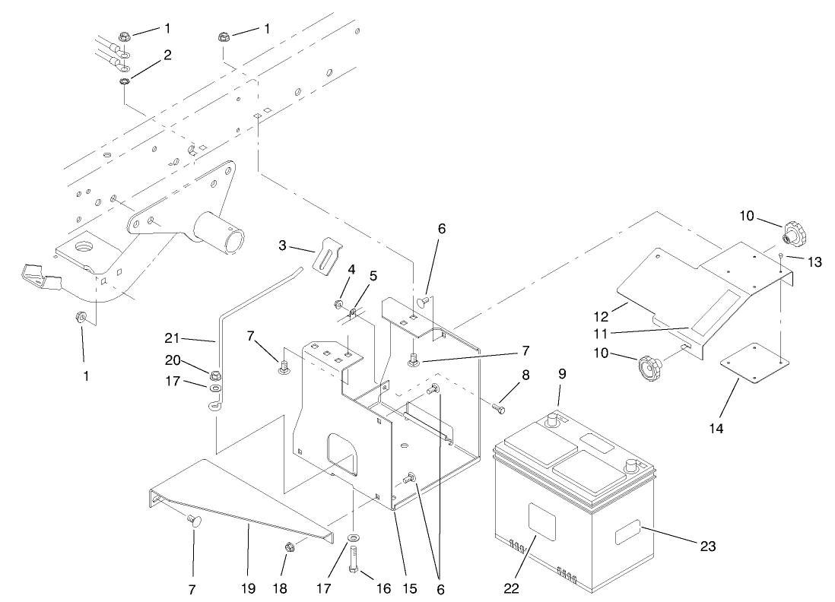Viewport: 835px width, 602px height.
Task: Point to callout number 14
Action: [716, 428]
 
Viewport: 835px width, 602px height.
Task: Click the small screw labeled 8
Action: [497, 408]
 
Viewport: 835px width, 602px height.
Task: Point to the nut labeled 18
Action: [290, 547]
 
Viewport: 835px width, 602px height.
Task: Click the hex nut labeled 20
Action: [215, 373]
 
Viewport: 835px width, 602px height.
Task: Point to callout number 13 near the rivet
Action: [814, 261]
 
